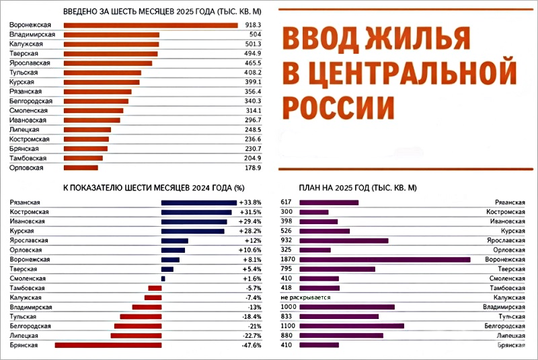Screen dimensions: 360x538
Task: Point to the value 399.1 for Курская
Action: pos(252,82)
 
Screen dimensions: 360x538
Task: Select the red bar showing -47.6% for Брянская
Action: pos(108,345)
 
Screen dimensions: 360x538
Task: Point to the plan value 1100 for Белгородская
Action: pos(287,326)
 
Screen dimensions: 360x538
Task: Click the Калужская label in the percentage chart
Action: pos(26,297)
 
